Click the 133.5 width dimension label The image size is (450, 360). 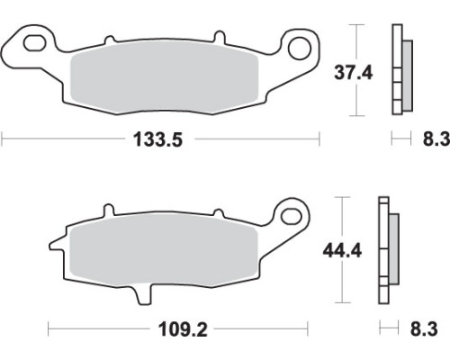(157, 139)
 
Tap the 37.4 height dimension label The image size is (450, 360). (354, 73)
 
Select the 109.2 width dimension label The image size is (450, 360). (183, 329)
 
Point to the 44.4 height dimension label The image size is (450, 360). (342, 250)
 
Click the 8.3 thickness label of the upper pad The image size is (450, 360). (436, 139)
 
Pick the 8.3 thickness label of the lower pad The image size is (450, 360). (424, 329)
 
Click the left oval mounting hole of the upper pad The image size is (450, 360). (35, 43)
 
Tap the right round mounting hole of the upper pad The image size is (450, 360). (299, 48)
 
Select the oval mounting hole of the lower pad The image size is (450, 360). (292, 216)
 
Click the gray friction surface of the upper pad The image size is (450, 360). (164, 77)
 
